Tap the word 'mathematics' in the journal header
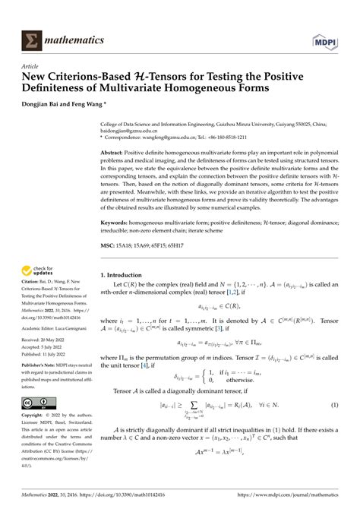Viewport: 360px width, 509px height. [x=74, y=39]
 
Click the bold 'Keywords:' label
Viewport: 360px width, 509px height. [x=120, y=223]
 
